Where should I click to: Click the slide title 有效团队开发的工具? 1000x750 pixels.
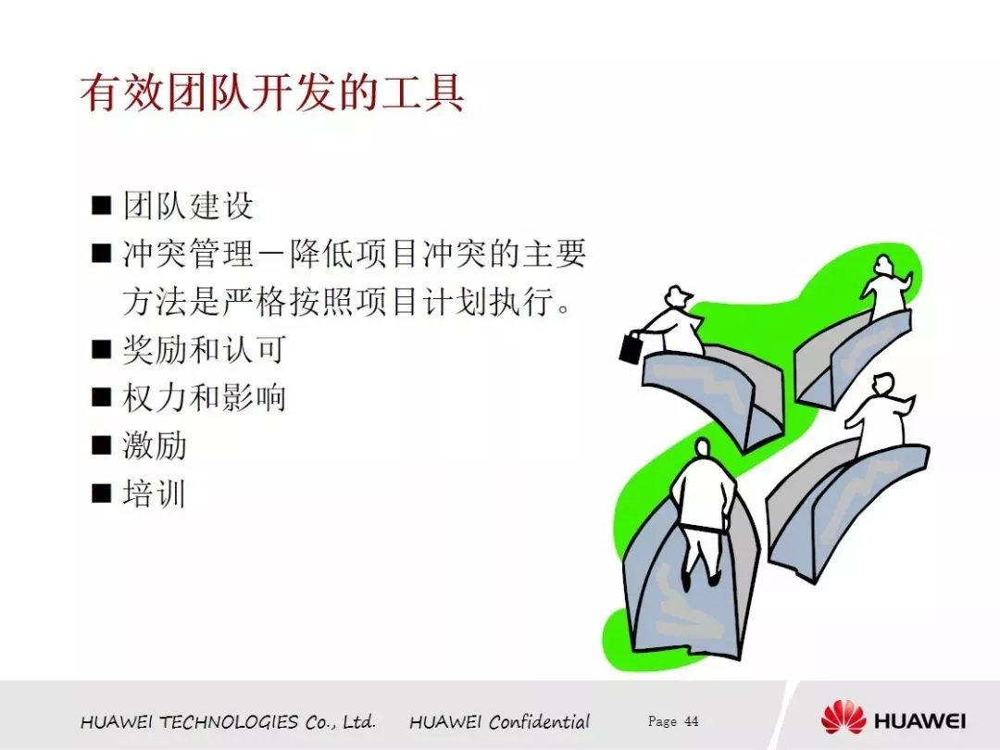tap(272, 94)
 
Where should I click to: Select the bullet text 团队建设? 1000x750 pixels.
tap(189, 206)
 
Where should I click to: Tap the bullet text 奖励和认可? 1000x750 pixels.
tap(204, 349)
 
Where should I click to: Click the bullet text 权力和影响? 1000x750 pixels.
tap(204, 397)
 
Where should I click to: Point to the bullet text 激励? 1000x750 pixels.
tap(155, 445)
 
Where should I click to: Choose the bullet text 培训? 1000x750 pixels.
tap(155, 494)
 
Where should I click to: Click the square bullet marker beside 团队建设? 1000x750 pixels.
tap(102, 206)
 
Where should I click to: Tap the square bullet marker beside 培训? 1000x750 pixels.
tap(102, 494)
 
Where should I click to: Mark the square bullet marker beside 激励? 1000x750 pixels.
tap(102, 445)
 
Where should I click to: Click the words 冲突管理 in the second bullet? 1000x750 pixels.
tap(189, 254)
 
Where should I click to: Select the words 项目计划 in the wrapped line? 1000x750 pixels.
tap(387, 301)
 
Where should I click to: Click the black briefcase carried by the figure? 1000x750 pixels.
tap(631, 347)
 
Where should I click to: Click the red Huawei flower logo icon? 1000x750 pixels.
tap(844, 718)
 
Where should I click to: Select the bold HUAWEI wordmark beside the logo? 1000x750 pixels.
tap(919, 721)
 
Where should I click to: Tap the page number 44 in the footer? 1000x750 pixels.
tap(692, 721)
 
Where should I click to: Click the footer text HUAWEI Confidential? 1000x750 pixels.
tap(499, 721)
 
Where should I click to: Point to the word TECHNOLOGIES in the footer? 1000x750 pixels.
tap(229, 722)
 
